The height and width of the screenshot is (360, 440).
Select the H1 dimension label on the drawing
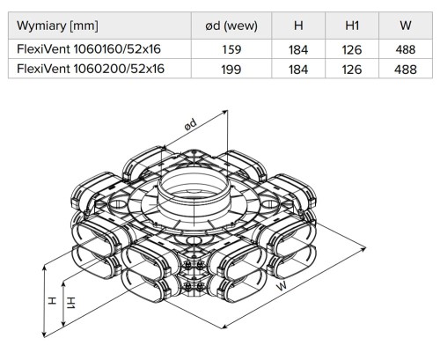(71, 302)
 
